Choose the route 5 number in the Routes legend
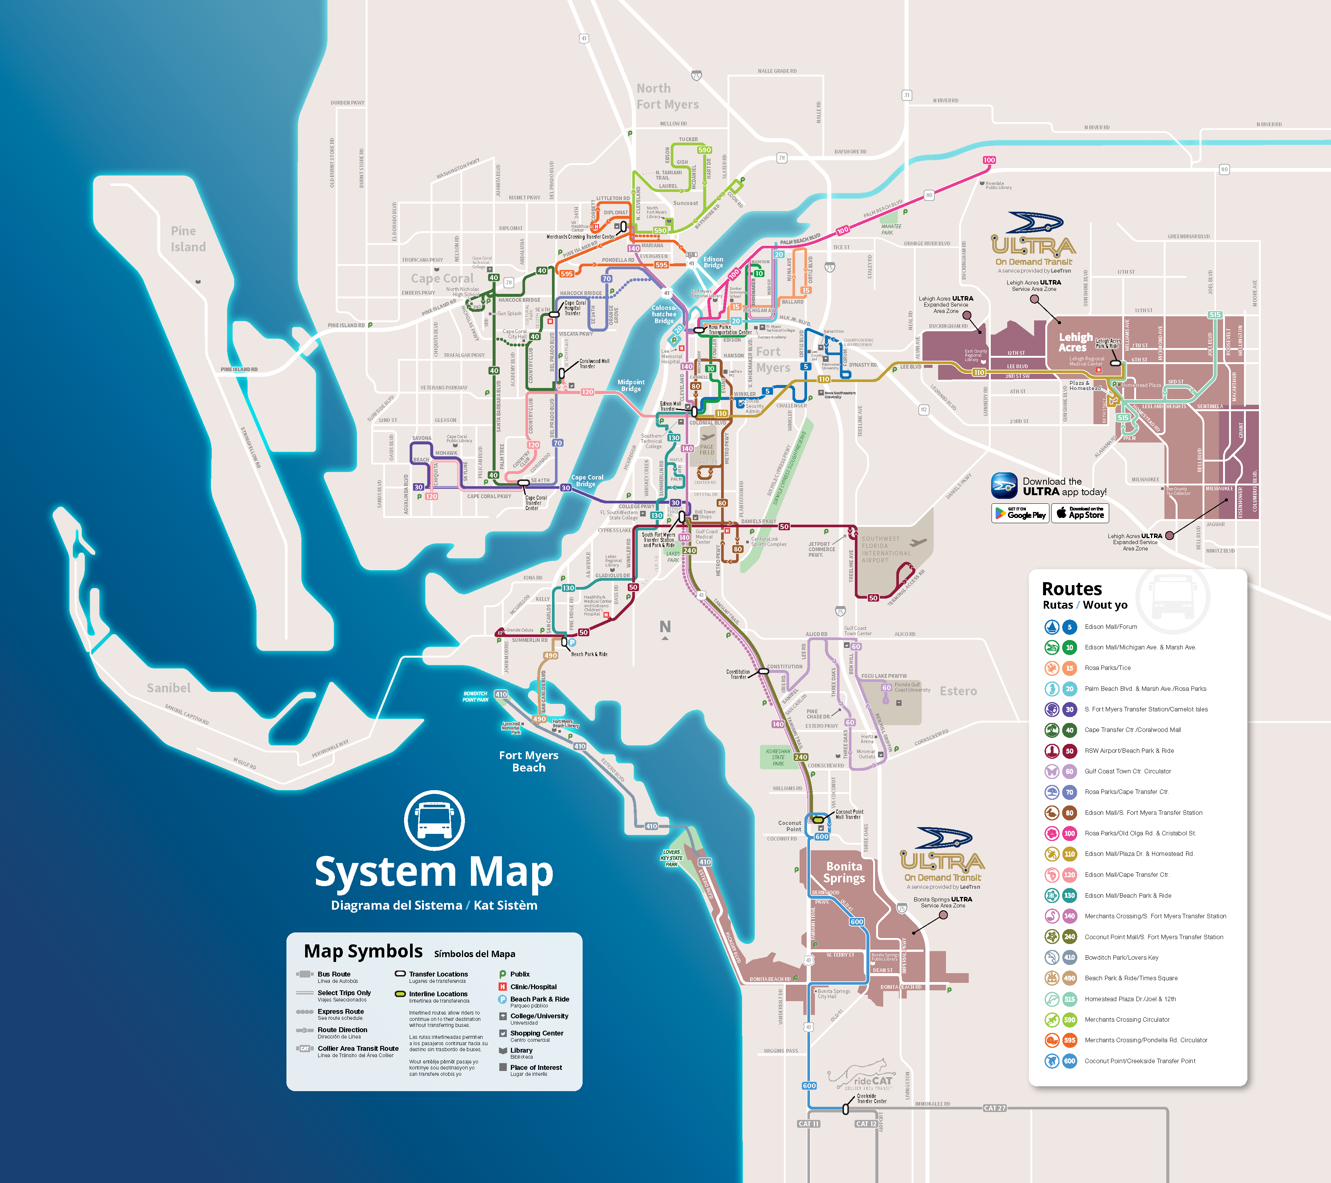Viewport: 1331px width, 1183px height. pyautogui.click(x=1069, y=627)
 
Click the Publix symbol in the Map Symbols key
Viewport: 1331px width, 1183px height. pyautogui.click(x=503, y=974)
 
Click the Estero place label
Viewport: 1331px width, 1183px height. pyautogui.click(x=958, y=691)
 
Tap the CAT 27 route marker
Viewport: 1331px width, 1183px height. pyautogui.click(x=995, y=1108)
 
